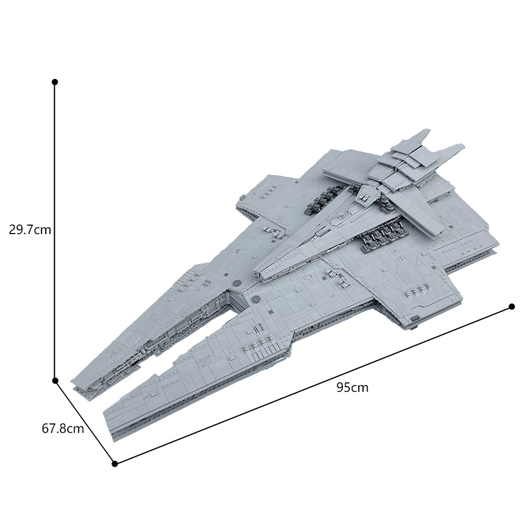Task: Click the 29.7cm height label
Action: click(x=29, y=230)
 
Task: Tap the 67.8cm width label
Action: click(x=63, y=428)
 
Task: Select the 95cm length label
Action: click(x=352, y=388)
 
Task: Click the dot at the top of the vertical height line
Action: click(x=55, y=82)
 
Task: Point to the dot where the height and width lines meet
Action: click(x=55, y=380)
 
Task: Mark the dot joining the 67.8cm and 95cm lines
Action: click(x=115, y=463)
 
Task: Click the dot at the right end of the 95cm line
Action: click(x=512, y=307)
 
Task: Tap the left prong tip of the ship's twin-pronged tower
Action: click(x=425, y=131)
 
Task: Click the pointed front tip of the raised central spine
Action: click(x=256, y=273)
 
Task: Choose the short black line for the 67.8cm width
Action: click(x=84, y=421)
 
